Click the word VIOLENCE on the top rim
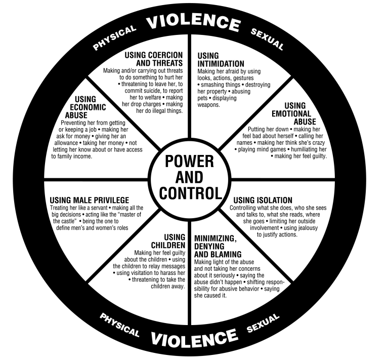point(192,22)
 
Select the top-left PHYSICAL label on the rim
point(115,37)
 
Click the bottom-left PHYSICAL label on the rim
point(120,325)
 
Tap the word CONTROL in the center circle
point(190,193)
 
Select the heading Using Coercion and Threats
point(154,59)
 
